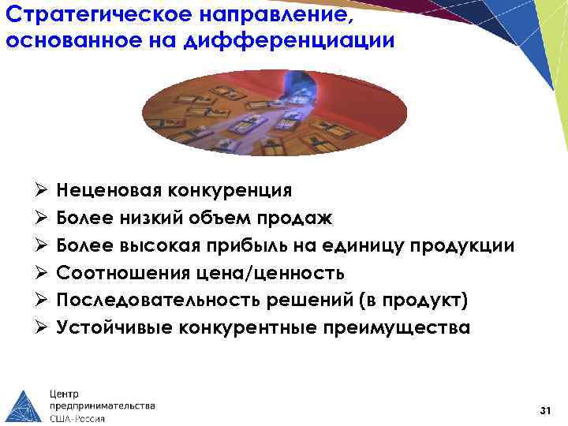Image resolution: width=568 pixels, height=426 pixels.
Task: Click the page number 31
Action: point(544,410)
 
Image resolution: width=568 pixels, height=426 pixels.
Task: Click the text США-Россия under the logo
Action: point(77,418)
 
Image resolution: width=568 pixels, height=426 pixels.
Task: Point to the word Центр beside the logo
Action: point(65,393)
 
